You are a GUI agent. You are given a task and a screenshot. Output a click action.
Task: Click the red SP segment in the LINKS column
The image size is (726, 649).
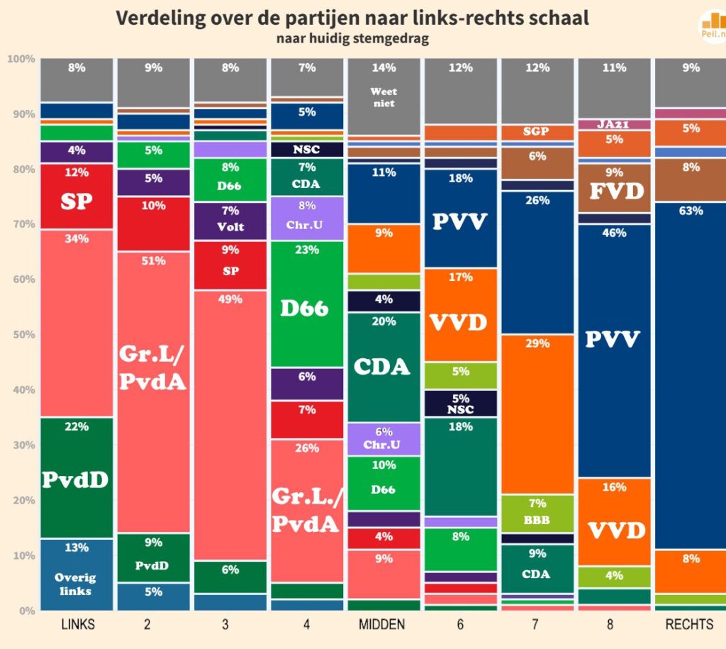[77, 196]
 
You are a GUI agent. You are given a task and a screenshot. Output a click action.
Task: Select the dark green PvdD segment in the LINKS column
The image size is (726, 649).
[77, 478]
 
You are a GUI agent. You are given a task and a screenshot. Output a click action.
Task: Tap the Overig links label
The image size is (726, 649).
[75, 584]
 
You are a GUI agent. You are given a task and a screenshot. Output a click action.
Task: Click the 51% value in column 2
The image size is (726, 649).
[153, 261]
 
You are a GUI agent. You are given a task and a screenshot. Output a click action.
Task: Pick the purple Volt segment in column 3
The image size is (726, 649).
[230, 221]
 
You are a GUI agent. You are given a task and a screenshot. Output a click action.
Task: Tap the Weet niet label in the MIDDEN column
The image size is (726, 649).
[383, 97]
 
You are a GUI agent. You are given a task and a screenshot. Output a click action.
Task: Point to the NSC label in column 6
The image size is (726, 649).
[459, 409]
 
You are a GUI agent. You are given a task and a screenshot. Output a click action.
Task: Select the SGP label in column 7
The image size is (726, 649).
[536, 131]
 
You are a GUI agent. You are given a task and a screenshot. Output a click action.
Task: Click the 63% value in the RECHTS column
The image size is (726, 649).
[691, 211]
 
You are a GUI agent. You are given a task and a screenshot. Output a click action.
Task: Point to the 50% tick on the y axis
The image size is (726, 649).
[23, 334]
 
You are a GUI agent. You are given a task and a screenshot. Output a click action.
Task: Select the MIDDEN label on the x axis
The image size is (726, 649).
[383, 625]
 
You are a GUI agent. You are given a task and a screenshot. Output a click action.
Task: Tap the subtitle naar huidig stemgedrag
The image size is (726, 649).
[352, 38]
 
